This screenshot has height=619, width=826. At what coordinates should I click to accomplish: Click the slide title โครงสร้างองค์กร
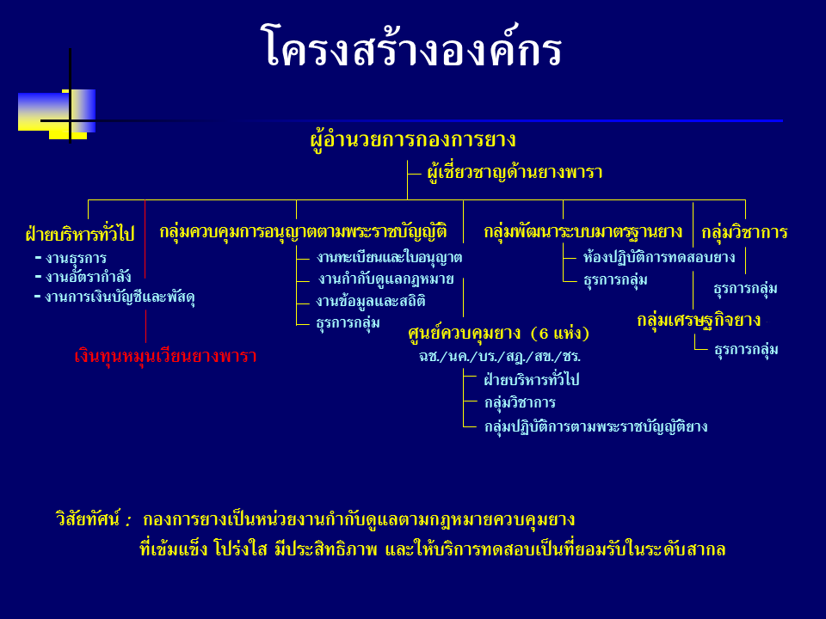pyautogui.click(x=411, y=46)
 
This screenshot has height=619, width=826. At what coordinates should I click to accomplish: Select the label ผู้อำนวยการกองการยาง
pyautogui.click(x=413, y=140)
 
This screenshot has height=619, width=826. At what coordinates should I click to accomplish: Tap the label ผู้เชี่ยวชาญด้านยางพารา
pyautogui.click(x=515, y=172)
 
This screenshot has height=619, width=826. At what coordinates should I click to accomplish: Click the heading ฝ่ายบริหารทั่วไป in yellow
pyautogui.click(x=80, y=233)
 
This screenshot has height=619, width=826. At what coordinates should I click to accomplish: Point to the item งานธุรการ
pyautogui.click(x=76, y=258)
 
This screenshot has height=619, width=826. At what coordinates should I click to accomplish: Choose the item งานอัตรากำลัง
pyautogui.click(x=88, y=277)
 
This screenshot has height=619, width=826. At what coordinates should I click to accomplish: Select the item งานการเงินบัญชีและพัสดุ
pyautogui.click(x=120, y=297)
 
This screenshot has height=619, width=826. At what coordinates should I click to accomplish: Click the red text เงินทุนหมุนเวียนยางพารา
pyautogui.click(x=165, y=356)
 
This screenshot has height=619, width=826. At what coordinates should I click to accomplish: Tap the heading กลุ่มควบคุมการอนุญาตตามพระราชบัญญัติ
pyautogui.click(x=304, y=231)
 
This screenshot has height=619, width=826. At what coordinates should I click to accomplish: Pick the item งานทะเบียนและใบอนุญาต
pyautogui.click(x=389, y=257)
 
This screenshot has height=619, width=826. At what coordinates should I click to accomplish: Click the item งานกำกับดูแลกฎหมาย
pyautogui.click(x=386, y=279)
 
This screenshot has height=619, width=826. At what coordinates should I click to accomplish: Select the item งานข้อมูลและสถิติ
pyautogui.click(x=371, y=301)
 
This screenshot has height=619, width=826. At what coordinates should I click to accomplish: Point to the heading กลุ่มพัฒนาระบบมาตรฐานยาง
pyautogui.click(x=583, y=231)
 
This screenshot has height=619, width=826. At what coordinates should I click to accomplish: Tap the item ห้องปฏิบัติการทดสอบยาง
pyautogui.click(x=659, y=257)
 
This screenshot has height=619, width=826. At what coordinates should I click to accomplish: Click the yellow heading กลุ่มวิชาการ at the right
pyautogui.click(x=745, y=232)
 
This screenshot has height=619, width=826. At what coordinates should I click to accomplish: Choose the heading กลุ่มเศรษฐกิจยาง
pyautogui.click(x=699, y=320)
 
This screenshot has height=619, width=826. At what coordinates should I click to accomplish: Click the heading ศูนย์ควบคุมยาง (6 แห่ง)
pyautogui.click(x=498, y=333)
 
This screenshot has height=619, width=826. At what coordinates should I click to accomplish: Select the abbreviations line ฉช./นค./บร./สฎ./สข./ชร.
pyautogui.click(x=499, y=356)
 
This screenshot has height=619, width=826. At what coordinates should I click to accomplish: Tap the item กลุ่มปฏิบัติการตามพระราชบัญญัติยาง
pyautogui.click(x=595, y=426)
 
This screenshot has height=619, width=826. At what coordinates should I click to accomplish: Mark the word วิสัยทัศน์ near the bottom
pyautogui.click(x=88, y=519)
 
